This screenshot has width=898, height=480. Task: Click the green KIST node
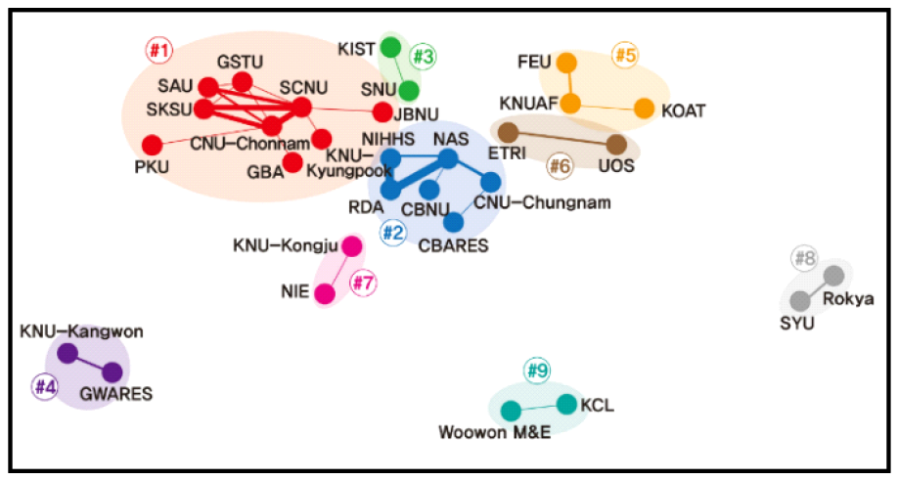click(390, 46)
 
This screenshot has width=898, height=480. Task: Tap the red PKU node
click(152, 145)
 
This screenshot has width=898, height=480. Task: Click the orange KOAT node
click(645, 109)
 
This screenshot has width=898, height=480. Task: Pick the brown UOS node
click(616, 145)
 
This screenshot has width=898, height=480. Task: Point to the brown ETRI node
click(508, 132)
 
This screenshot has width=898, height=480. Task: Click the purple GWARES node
click(112, 371)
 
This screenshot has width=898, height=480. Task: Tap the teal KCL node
click(567, 403)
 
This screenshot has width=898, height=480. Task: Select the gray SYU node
click(800, 299)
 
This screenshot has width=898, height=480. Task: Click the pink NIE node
click(326, 292)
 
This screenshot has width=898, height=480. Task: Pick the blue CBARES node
click(453, 222)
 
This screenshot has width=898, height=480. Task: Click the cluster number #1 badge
click(158, 48)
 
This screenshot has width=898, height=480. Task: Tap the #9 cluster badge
click(537, 371)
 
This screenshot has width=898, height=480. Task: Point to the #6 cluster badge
click(559, 166)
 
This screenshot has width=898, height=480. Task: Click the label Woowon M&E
click(495, 432)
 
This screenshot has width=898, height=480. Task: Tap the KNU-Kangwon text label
click(81, 331)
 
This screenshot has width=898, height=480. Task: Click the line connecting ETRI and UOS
click(562, 139)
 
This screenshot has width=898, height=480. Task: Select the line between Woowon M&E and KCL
click(539, 407)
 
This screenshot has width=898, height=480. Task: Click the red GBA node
click(292, 161)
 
